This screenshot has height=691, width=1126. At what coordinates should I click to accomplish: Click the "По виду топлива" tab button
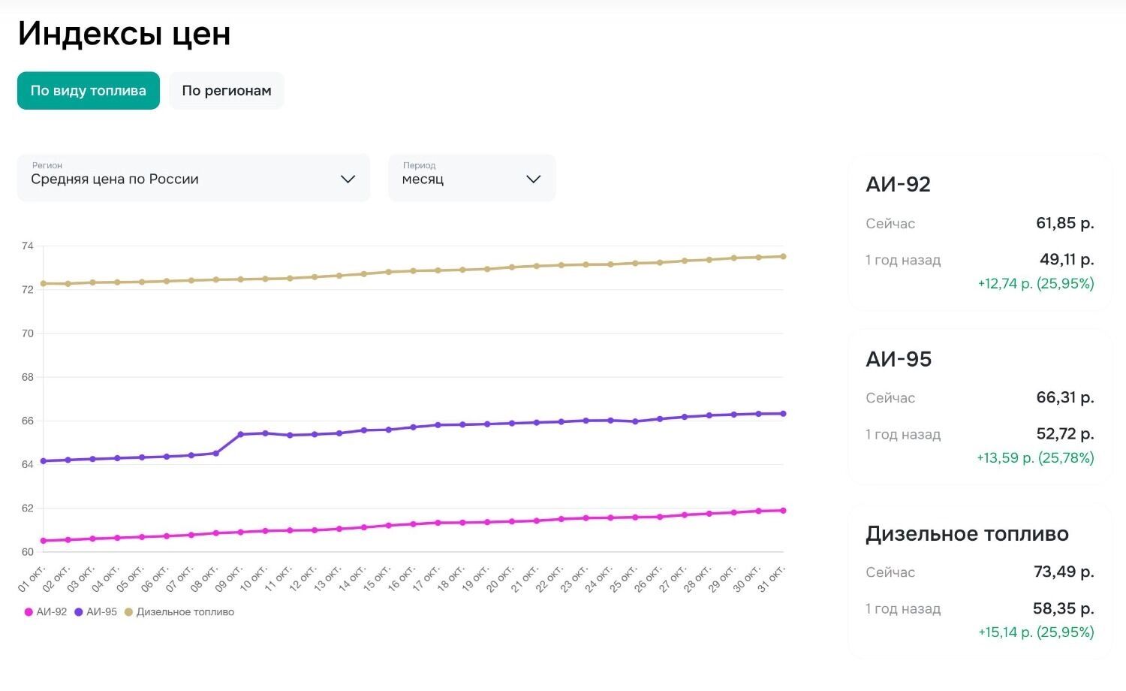pyautogui.click(x=89, y=91)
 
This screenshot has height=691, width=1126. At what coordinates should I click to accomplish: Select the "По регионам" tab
pyautogui.click(x=226, y=91)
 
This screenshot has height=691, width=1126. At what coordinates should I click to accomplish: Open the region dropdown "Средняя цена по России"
pyautogui.click(x=193, y=179)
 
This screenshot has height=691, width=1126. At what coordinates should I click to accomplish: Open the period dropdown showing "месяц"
pyautogui.click(x=471, y=179)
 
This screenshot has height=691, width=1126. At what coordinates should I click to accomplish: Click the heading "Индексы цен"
pyautogui.click(x=124, y=34)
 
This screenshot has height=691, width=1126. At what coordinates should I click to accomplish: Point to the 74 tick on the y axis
pyautogui.click(x=28, y=246)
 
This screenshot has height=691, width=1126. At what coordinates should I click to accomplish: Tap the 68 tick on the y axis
pyautogui.click(x=28, y=377)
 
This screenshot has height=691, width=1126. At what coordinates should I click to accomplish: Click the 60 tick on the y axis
pyautogui.click(x=28, y=552)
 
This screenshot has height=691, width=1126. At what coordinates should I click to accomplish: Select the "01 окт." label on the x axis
pyautogui.click(x=32, y=579)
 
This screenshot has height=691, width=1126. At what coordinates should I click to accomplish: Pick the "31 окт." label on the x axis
pyautogui.click(x=772, y=579)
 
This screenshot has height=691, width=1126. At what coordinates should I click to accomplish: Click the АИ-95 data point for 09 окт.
pyautogui.click(x=240, y=434)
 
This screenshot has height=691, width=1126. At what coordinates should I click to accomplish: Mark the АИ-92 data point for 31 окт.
pyautogui.click(x=783, y=511)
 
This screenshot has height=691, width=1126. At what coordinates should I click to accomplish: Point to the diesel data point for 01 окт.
pyautogui.click(x=43, y=283)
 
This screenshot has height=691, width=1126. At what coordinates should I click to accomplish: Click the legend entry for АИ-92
pyautogui.click(x=46, y=612)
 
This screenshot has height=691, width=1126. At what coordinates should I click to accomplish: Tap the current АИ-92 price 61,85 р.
pyautogui.click(x=1064, y=223)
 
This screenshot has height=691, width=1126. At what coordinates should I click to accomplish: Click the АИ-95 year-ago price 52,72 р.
pyautogui.click(x=1064, y=434)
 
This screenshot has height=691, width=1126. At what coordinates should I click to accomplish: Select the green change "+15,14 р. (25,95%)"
pyautogui.click(x=1036, y=632)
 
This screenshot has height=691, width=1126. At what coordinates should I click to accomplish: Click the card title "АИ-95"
pyautogui.click(x=899, y=359)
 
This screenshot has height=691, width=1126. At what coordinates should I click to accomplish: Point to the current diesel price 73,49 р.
pyautogui.click(x=1063, y=572)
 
